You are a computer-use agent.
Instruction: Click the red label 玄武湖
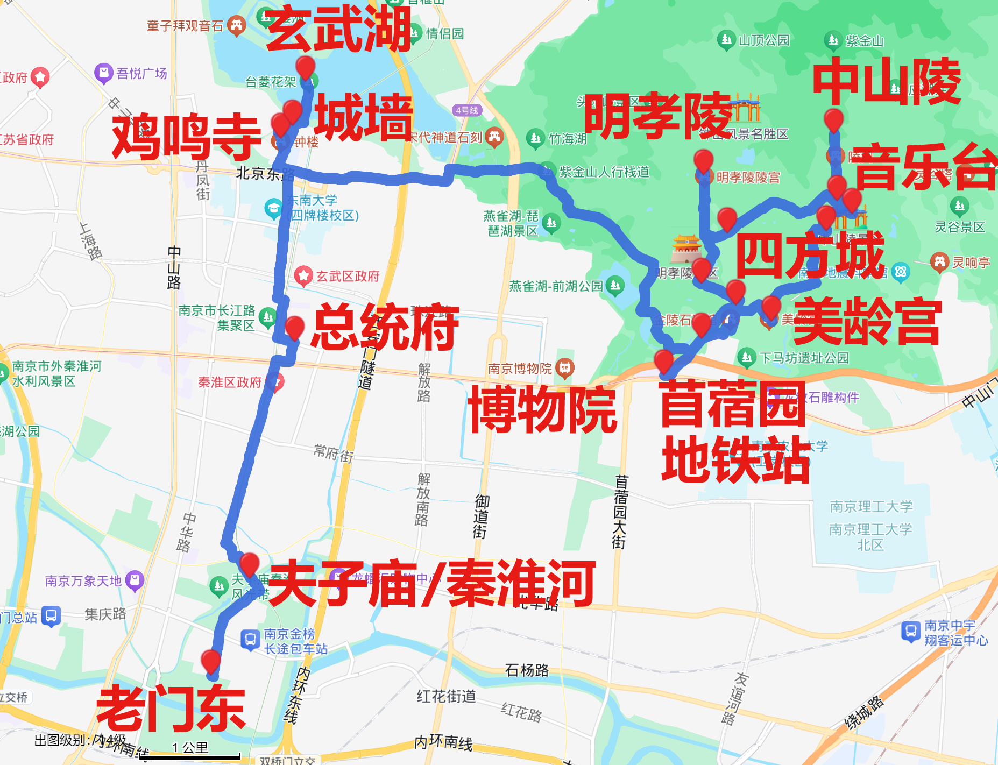coord(338,30)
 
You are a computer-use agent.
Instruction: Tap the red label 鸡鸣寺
coord(186,137)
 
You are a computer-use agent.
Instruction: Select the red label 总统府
coord(385,327)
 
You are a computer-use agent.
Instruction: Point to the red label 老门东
coord(171,709)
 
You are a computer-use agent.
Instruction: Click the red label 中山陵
coord(887,82)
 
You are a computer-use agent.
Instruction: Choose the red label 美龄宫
coord(867,322)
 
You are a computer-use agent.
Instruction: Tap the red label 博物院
coord(542,410)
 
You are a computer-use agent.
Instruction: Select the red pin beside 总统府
coord(294,327)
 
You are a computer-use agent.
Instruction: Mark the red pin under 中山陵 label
coord(833,119)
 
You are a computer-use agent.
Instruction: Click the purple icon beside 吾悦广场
coord(103,73)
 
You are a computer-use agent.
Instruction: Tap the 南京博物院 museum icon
coord(564,368)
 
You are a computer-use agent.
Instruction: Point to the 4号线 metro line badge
coord(466,110)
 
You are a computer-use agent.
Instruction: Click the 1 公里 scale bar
coord(190,756)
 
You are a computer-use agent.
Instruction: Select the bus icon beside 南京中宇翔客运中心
coord(910,631)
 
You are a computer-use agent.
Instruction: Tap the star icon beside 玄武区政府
coord(303,276)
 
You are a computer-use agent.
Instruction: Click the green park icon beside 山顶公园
coord(726,40)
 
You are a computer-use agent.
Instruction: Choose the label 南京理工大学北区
coord(870,537)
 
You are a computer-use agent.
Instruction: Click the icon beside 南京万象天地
coord(134,580)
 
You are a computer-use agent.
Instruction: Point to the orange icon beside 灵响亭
coord(939,262)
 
